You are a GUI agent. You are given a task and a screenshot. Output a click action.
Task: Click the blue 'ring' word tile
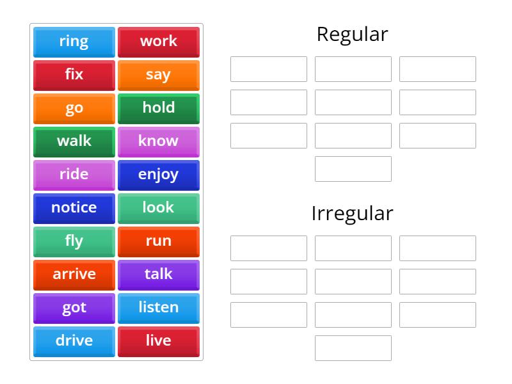click(x=74, y=42)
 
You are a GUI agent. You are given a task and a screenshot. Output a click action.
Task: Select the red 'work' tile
click(x=159, y=42)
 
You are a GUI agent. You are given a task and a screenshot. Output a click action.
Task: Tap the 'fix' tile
click(x=74, y=76)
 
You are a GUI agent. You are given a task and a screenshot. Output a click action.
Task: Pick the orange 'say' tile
click(x=159, y=76)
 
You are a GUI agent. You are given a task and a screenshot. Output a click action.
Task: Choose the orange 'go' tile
click(x=74, y=109)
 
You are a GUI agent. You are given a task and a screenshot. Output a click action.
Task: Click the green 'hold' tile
click(x=159, y=109)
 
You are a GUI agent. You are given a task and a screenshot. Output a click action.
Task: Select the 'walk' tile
click(x=74, y=142)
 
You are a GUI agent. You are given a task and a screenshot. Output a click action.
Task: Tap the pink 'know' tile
click(x=159, y=142)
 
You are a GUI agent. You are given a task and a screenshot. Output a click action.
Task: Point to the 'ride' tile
click(x=74, y=175)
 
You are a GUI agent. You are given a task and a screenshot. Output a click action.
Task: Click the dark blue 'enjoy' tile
click(x=159, y=175)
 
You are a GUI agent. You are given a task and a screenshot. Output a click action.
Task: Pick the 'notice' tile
click(x=74, y=209)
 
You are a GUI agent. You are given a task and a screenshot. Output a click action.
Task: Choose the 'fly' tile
click(x=74, y=242)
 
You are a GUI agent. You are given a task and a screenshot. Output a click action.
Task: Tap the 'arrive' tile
click(x=74, y=275)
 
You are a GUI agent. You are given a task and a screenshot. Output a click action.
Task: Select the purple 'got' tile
click(x=74, y=308)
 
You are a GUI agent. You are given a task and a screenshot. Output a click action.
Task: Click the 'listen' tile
click(x=159, y=308)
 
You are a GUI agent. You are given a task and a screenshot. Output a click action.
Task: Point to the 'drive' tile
click(x=74, y=342)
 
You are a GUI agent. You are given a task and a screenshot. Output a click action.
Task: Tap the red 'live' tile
click(x=159, y=342)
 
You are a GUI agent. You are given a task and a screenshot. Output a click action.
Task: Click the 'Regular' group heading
click(x=353, y=35)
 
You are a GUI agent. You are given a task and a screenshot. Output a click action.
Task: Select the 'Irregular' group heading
click(x=353, y=214)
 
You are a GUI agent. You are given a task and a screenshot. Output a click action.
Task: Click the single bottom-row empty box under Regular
click(x=353, y=169)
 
